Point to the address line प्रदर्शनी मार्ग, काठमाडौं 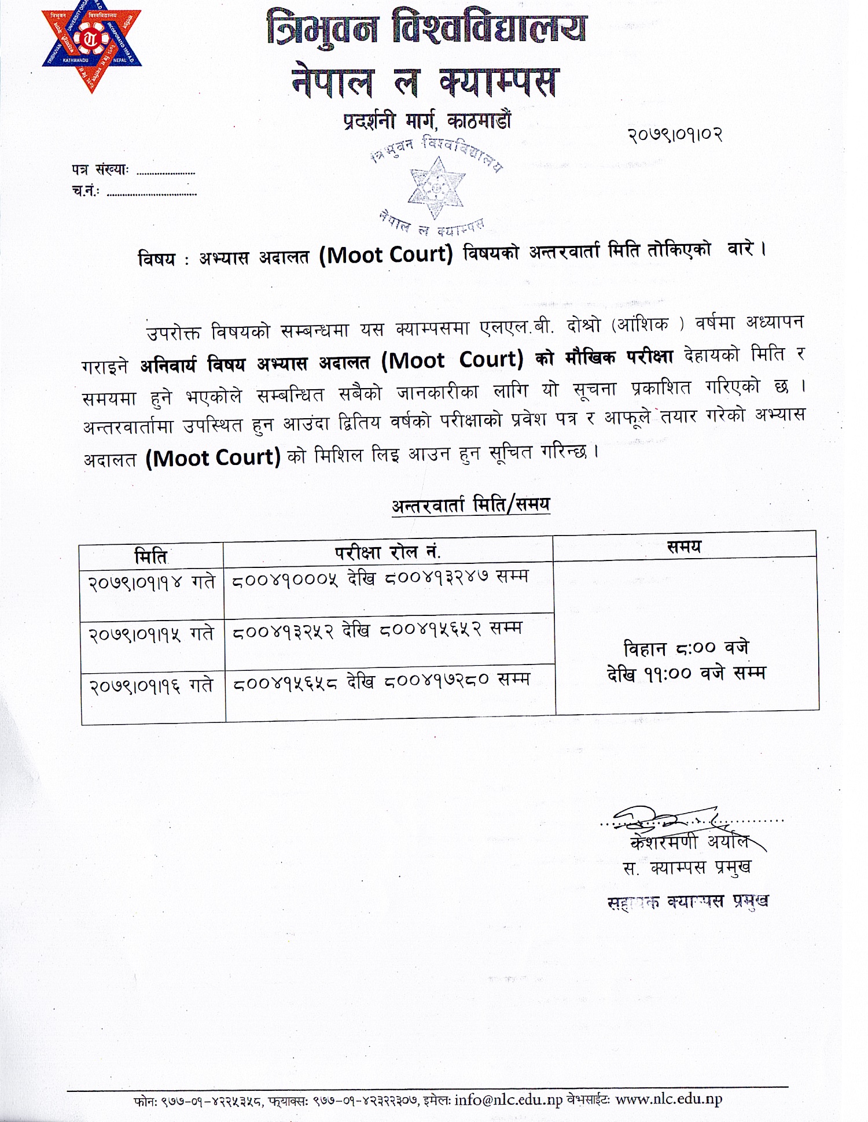coord(427,121)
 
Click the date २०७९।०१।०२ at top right coord(675,135)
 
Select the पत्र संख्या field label coord(100,170)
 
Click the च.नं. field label coord(86,191)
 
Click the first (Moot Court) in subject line coord(386,254)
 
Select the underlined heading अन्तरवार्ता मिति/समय coord(470,505)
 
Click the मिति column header coord(150,556)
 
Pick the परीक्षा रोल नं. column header coord(388,552)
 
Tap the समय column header coord(684,547)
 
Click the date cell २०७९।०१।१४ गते coord(152,581)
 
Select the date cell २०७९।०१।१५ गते coord(152,634)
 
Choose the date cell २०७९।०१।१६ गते coord(152,686)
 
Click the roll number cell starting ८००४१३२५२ coord(377,631)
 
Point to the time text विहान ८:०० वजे coord(686,648)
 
